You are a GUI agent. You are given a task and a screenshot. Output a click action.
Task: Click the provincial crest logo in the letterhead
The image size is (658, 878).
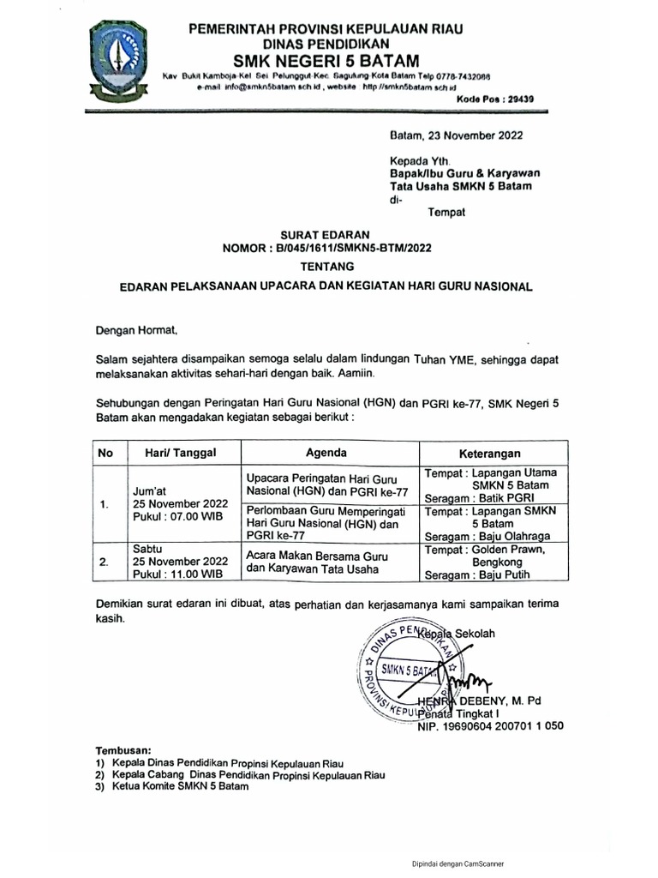click(x=120, y=60)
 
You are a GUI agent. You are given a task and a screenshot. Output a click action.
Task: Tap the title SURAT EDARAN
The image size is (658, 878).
click(x=326, y=233)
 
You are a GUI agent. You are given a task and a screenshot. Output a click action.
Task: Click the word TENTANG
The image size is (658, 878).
click(x=326, y=267)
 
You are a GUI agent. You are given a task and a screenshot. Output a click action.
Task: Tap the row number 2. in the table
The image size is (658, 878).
click(x=104, y=562)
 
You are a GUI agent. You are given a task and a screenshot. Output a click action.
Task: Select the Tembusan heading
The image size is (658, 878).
click(x=123, y=749)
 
